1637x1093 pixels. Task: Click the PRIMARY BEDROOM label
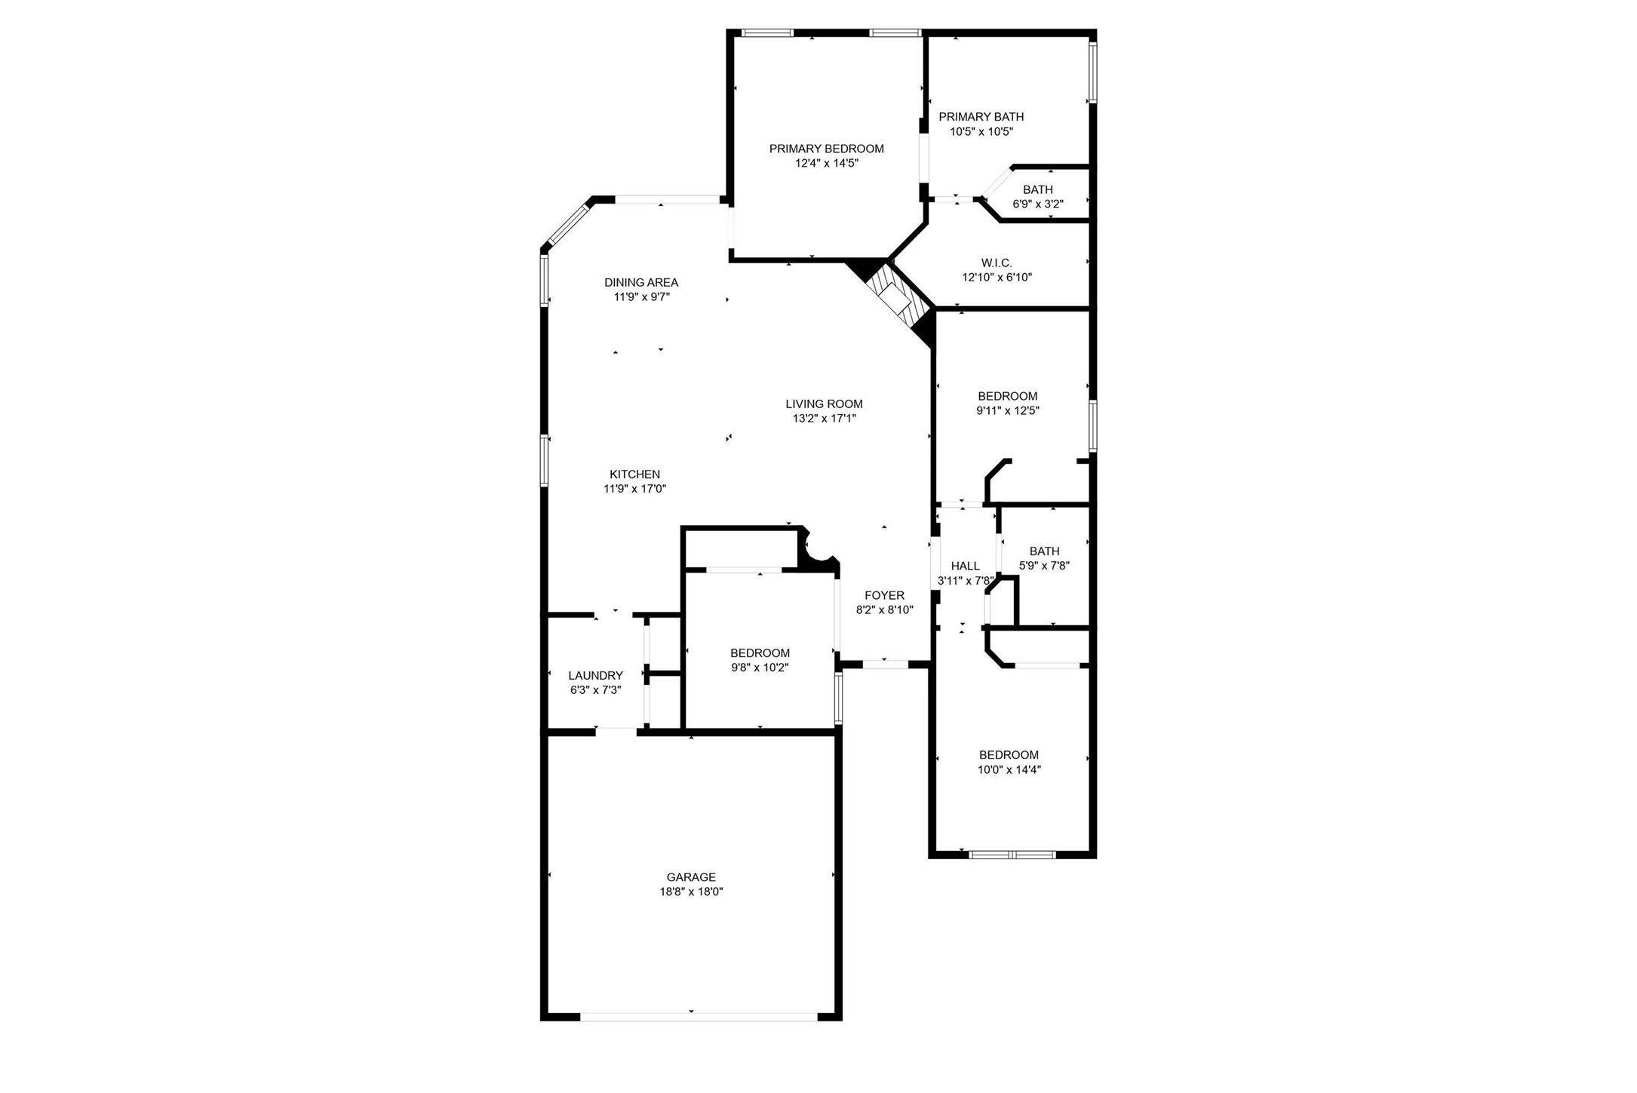[826, 149]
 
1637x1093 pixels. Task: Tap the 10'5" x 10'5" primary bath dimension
[981, 131]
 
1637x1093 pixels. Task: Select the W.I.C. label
[996, 263]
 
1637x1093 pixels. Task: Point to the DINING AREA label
[640, 282]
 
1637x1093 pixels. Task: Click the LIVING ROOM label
[824, 404]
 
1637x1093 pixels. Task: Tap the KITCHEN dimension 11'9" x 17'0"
[634, 489]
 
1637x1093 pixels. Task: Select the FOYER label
[884, 595]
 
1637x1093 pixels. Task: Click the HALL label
[965, 566]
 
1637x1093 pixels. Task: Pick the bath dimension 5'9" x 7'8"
[1044, 566]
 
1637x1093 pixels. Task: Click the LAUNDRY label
[595, 675]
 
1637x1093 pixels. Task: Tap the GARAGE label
[690, 877]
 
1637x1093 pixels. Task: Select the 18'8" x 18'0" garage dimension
[690, 892]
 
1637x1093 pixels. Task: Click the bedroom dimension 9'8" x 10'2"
[760, 668]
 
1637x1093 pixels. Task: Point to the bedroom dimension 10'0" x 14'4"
[1009, 769]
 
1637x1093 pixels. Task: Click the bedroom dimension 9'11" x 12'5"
[1007, 411]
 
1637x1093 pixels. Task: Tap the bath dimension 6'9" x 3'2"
[1037, 204]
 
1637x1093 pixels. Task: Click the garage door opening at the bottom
[698, 1016]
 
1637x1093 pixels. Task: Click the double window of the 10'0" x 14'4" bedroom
[1012, 855]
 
